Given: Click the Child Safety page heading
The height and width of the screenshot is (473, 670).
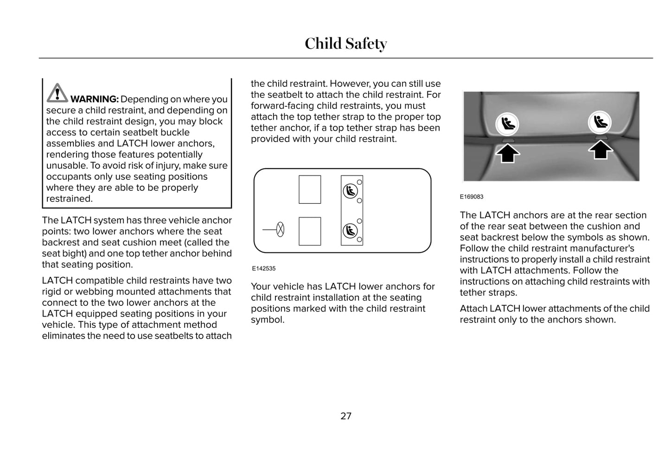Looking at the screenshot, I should pyautogui.click(x=345, y=44).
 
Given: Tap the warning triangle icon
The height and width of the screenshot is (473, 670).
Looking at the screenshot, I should pyautogui.click(x=57, y=93).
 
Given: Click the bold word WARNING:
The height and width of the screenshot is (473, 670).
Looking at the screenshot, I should pyautogui.click(x=95, y=99).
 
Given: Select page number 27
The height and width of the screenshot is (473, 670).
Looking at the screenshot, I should pyautogui.click(x=346, y=416).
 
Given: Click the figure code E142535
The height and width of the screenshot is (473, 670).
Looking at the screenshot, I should pyautogui.click(x=264, y=268).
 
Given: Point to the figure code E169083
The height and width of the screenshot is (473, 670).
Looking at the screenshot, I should pyautogui.click(x=472, y=197).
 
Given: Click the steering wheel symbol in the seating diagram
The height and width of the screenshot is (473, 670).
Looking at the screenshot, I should pyautogui.click(x=280, y=229).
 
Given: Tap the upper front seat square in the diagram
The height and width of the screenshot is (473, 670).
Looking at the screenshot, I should pyautogui.click(x=310, y=189).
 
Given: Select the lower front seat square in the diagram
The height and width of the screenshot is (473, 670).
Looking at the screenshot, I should pyautogui.click(x=310, y=231).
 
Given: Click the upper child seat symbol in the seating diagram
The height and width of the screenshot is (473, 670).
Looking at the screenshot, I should pyautogui.click(x=350, y=191).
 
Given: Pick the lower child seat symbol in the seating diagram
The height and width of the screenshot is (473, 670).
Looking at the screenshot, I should pyautogui.click(x=350, y=230).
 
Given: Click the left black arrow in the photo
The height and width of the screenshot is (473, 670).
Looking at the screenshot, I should pyautogui.click(x=508, y=153).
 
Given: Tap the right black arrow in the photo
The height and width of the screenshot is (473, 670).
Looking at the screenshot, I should pyautogui.click(x=600, y=150).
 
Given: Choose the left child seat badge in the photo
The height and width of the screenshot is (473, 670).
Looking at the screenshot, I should pyautogui.click(x=507, y=124).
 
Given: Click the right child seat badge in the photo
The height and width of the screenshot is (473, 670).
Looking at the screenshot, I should pyautogui.click(x=600, y=122).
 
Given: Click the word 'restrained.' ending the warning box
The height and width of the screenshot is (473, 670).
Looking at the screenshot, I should pyautogui.click(x=70, y=199).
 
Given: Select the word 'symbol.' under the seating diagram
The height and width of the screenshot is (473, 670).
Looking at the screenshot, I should pyautogui.click(x=268, y=320).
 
